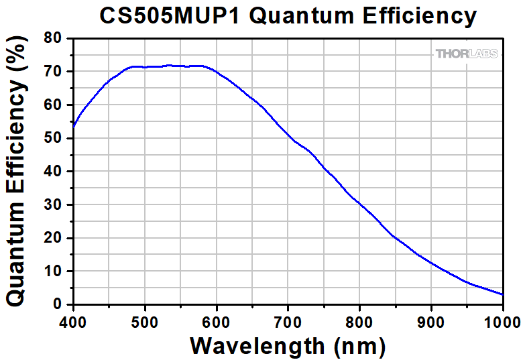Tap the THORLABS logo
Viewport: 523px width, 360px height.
(x=467, y=54)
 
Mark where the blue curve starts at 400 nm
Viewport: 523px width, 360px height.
(x=73, y=125)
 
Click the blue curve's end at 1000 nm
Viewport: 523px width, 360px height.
(x=503, y=294)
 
